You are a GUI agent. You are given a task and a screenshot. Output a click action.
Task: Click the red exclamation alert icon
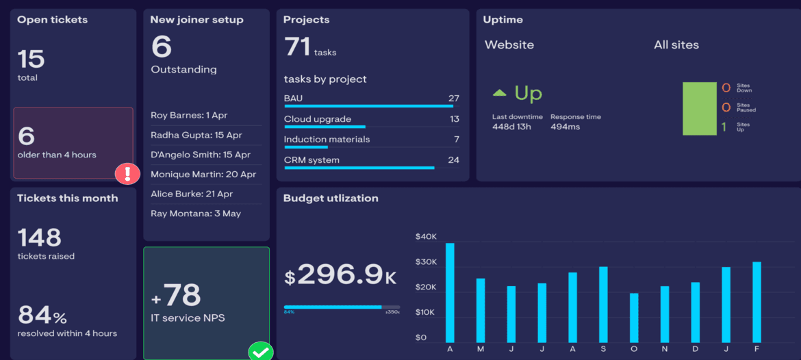pos(127,174)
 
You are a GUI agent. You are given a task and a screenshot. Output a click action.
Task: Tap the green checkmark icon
pos(260,352)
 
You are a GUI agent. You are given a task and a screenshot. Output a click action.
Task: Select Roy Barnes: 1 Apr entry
pos(189,115)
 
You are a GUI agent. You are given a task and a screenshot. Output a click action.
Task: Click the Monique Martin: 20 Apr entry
pos(203,175)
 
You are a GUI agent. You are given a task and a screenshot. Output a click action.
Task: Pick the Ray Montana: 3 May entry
pos(196,214)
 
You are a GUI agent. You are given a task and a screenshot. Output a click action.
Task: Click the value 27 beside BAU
pos(453,99)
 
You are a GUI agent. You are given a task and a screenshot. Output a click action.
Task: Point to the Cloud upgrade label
pos(318,119)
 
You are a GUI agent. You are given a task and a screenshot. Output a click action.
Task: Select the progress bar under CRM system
pos(359,168)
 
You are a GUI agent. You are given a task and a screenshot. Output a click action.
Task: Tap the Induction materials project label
pos(327,140)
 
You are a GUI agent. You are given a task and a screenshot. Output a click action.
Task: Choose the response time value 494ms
pos(565,127)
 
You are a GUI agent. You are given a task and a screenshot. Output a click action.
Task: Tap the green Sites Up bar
pos(698,109)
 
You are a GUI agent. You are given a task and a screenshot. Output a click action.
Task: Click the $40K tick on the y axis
pos(426,237)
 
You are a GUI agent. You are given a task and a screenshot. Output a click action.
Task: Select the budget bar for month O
pos(634,318)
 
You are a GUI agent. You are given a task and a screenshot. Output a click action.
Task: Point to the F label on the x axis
pos(756,349)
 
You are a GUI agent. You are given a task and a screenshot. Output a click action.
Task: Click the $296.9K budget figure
pos(340,275)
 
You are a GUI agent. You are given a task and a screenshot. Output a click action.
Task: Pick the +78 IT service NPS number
pos(176,296)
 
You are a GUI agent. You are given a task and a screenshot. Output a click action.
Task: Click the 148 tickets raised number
pos(40,237)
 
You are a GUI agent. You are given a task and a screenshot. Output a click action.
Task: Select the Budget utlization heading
pos(331,198)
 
